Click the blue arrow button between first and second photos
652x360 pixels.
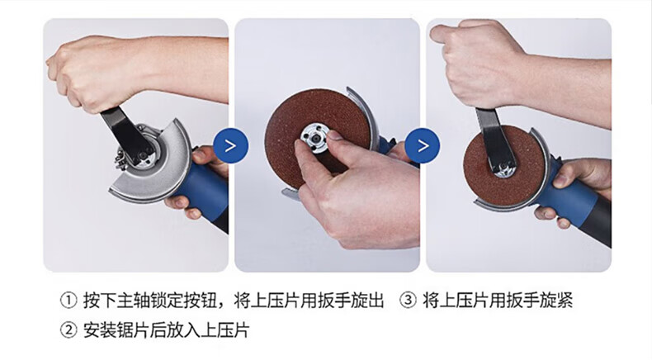[231, 145]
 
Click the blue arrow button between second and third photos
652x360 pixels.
[423, 145]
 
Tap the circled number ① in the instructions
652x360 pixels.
[69, 301]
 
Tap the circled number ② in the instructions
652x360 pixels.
[69, 330]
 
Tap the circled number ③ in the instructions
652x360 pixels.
[408, 301]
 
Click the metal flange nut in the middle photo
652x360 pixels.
[314, 137]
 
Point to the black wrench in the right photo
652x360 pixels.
[495, 140]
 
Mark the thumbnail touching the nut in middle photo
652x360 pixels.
[334, 135]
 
